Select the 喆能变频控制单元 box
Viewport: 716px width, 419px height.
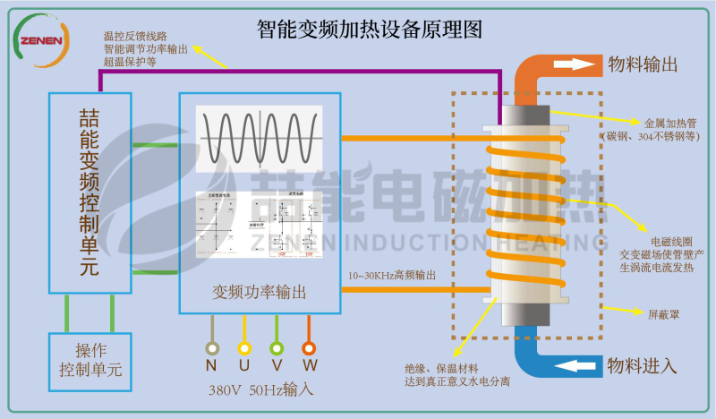(89, 192)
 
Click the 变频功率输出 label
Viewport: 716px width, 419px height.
(260, 292)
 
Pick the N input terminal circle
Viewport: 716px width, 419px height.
(212, 348)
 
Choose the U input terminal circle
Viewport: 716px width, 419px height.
(244, 348)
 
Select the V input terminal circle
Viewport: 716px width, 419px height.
(277, 348)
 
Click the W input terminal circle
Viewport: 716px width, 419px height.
(309, 348)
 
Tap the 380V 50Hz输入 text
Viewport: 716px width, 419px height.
(260, 390)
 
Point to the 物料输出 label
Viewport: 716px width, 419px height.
(642, 64)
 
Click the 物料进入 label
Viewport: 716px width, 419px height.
(642, 365)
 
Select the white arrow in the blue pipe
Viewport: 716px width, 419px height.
(574, 365)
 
